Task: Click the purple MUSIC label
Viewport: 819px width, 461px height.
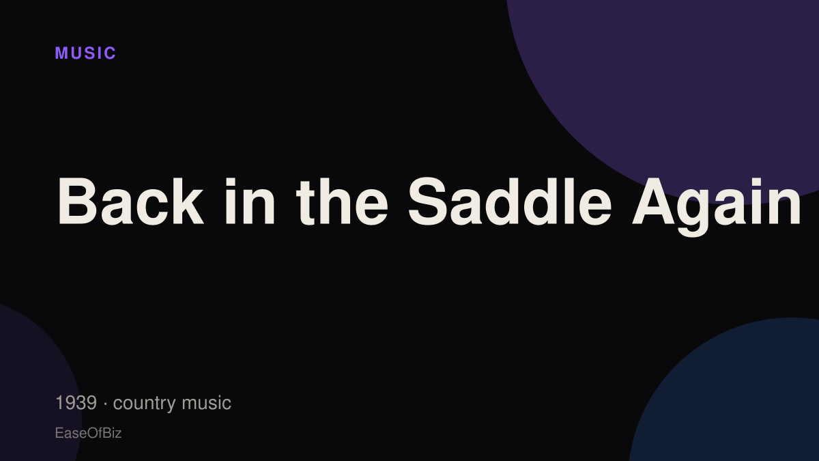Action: coord(85,53)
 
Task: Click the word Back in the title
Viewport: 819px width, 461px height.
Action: coord(130,201)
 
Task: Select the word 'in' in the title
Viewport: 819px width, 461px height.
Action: coord(250,201)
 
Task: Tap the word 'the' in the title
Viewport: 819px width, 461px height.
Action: coord(342,201)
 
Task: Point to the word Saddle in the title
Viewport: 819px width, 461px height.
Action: coord(510,201)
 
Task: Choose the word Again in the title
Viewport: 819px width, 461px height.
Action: coord(717,207)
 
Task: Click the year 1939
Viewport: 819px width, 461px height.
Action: coord(76,403)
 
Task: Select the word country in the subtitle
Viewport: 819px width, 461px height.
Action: coord(145,404)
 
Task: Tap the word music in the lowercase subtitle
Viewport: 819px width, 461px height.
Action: coord(206,403)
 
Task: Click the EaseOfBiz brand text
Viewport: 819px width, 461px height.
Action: coord(88,433)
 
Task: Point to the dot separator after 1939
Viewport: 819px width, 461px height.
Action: coord(105,404)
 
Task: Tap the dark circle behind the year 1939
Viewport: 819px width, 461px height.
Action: coord(33,388)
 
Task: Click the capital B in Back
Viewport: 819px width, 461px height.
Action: coord(76,201)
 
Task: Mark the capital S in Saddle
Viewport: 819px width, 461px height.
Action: coord(427,201)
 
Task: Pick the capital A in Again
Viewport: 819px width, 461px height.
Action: coord(654,201)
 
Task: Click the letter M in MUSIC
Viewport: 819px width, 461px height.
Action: coord(61,53)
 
